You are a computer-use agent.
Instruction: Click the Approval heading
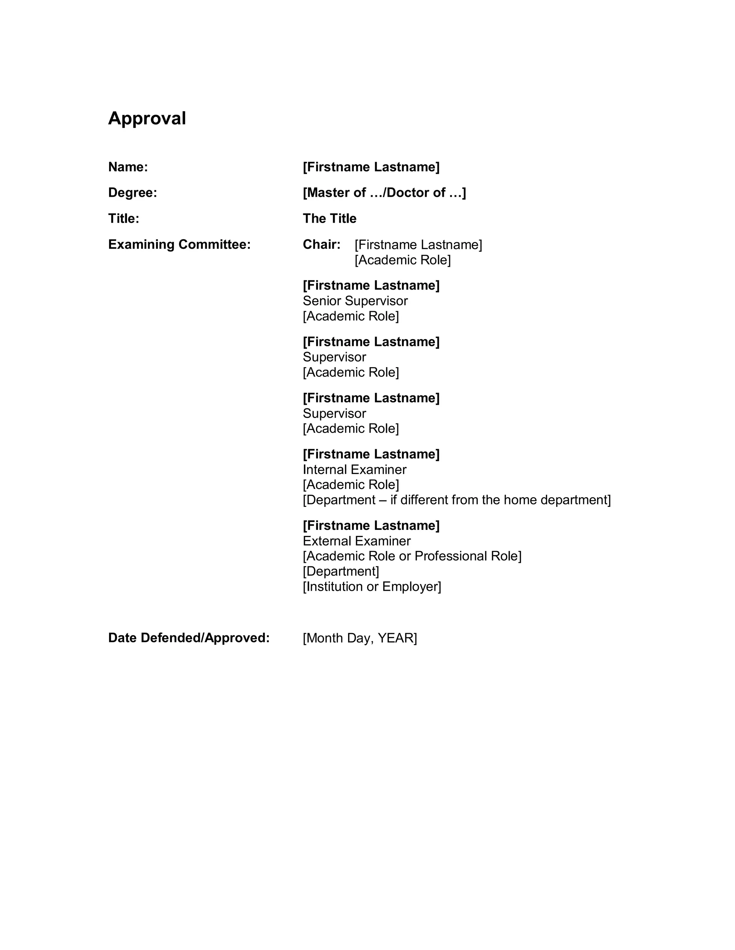[147, 118]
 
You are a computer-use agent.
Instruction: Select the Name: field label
[128, 167]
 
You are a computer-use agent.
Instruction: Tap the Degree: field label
[132, 193]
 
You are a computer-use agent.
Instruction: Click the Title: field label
[124, 218]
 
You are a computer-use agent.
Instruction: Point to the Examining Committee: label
[179, 244]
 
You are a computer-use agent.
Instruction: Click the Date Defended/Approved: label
[189, 638]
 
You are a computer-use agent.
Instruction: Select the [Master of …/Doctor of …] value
[384, 193]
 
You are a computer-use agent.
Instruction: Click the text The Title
[329, 218]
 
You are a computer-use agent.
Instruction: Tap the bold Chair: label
[321, 244]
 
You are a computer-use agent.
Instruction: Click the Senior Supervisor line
[355, 300]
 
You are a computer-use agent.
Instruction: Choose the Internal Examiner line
[355, 469]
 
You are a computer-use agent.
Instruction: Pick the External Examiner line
[357, 541]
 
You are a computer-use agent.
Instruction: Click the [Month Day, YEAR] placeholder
[360, 638]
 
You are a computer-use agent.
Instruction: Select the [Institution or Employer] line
[372, 586]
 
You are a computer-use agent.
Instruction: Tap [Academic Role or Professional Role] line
[412, 556]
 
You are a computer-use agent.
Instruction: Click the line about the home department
[457, 500]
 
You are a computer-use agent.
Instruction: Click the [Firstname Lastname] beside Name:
[371, 167]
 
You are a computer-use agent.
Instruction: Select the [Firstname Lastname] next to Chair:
[418, 244]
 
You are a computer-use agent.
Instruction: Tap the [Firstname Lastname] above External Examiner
[371, 526]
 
